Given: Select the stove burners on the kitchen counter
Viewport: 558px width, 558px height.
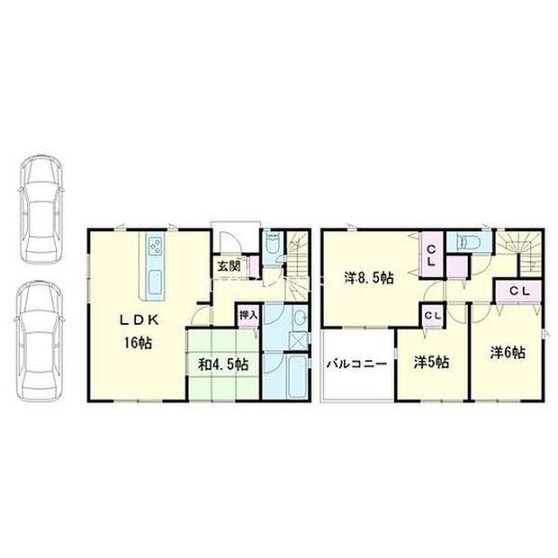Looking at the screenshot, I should [154, 246].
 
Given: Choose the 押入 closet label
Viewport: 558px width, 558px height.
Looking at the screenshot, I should [247, 315].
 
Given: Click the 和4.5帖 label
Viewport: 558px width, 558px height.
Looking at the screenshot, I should [225, 364].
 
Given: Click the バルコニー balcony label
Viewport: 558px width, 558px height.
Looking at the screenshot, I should [356, 364].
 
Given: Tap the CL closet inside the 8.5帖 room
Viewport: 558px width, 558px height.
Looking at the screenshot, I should [431, 255].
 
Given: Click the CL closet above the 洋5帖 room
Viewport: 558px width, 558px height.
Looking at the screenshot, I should [433, 315].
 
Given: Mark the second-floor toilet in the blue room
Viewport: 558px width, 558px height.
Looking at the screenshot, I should [467, 243].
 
